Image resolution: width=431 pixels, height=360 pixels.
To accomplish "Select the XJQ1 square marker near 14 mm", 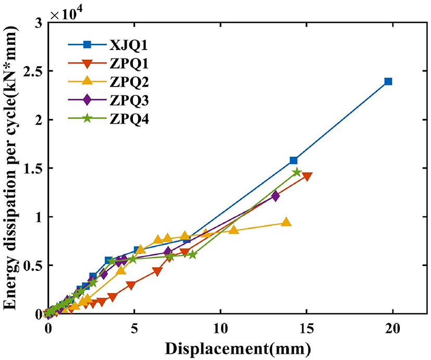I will (x=294, y=160).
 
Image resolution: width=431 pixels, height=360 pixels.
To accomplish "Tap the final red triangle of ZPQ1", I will (x=307, y=177).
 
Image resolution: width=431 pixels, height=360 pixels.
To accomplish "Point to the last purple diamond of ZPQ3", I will (x=276, y=196).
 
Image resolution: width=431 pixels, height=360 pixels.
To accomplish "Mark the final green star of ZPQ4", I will (x=297, y=172).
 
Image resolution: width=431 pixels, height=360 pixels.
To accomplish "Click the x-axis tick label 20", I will (x=392, y=330).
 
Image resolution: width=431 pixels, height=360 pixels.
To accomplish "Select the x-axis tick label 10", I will (x=220, y=330).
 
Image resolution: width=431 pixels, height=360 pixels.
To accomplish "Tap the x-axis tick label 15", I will (x=306, y=330).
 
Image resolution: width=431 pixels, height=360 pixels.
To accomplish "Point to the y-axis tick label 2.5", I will (x=33, y=70).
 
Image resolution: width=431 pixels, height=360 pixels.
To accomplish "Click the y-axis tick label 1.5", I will (x=33, y=168).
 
